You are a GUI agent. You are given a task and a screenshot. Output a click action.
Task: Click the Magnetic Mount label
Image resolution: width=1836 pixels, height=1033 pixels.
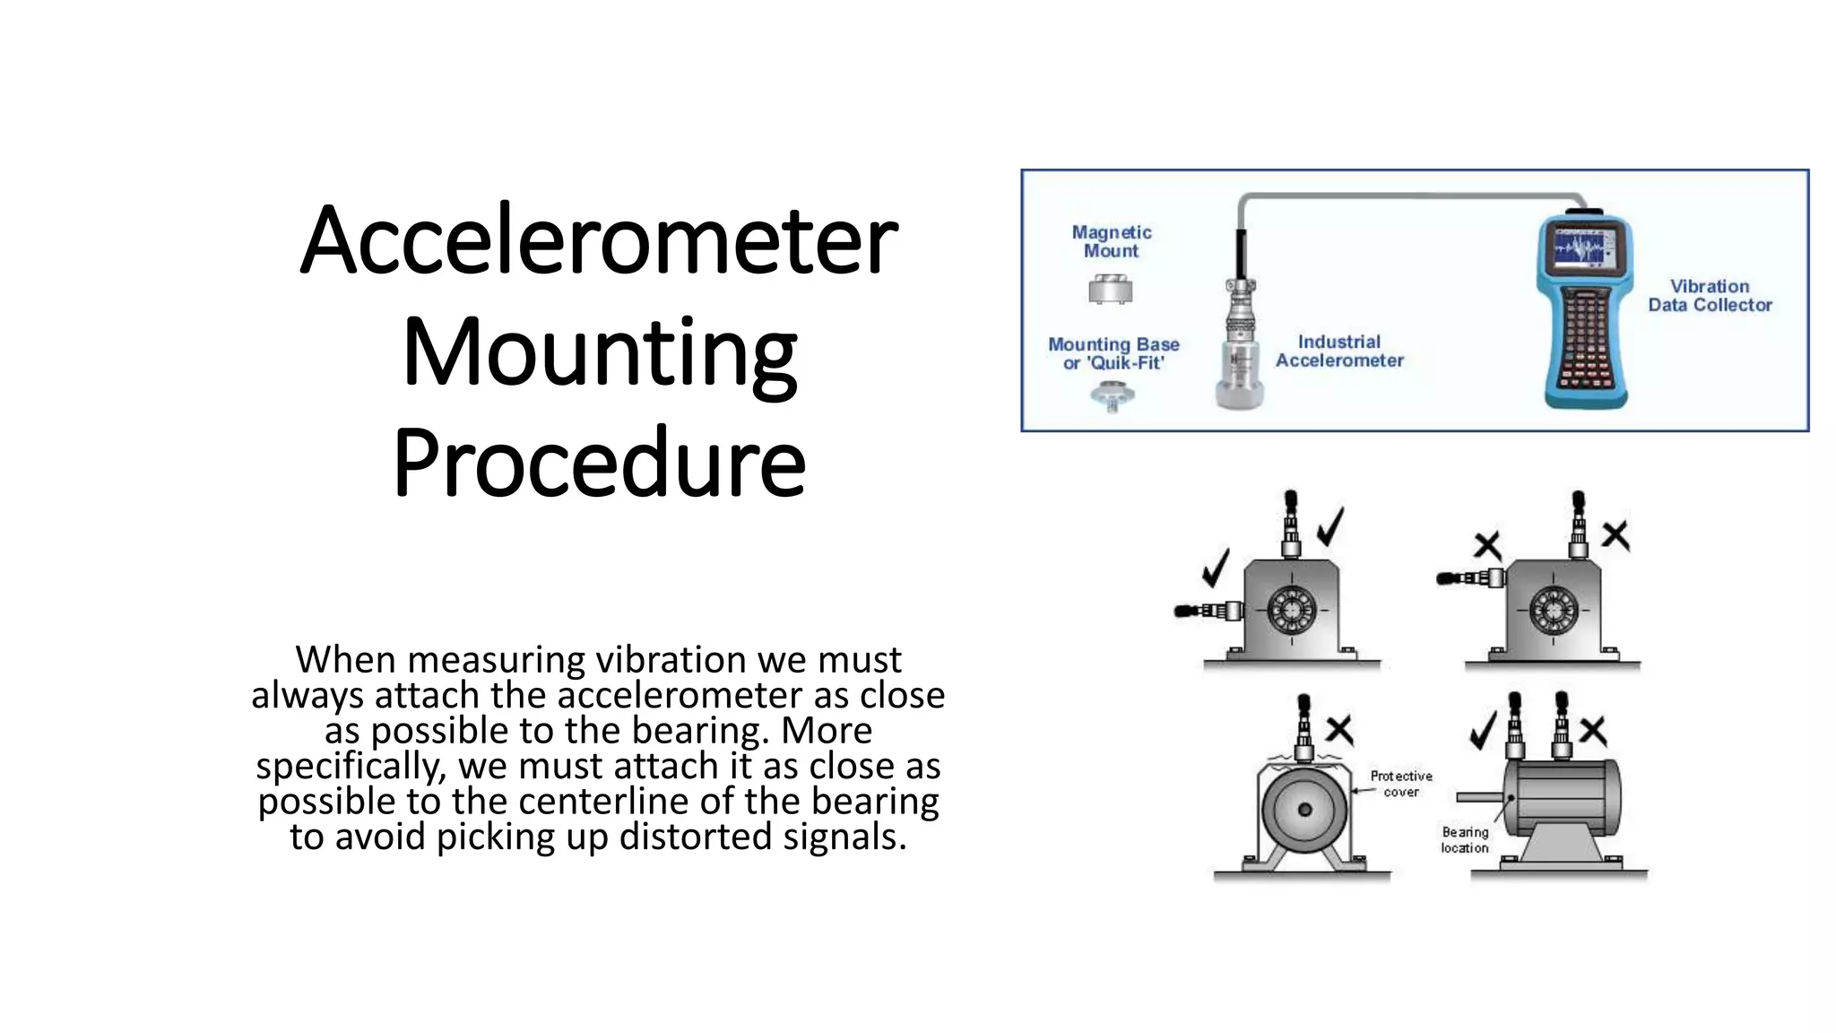[1112, 241]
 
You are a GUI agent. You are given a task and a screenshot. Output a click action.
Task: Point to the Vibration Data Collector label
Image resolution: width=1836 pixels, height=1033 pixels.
[1710, 296]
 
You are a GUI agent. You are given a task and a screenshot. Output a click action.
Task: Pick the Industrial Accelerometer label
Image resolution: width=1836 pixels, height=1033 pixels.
[1339, 351]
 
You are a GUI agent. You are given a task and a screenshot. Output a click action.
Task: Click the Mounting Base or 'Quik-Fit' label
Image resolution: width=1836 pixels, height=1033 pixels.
[1113, 353]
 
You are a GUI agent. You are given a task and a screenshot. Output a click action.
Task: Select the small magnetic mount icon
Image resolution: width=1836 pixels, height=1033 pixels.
[1111, 290]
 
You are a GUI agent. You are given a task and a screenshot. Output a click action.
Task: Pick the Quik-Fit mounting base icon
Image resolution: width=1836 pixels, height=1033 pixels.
[1112, 395]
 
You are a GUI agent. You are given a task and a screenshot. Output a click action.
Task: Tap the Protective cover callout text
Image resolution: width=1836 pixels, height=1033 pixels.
[1401, 784]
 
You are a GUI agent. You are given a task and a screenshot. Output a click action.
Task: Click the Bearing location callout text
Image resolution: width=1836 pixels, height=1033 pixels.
[1465, 840]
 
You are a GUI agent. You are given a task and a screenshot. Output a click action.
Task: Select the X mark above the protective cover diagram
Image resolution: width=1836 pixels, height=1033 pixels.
[1339, 729]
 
